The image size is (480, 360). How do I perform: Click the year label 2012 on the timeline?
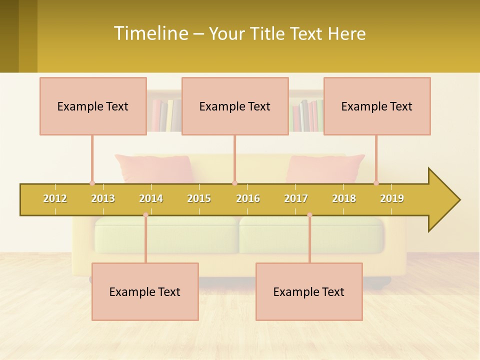(55, 198)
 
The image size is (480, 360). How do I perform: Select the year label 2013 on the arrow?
(103, 198)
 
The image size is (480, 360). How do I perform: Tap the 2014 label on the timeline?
(151, 198)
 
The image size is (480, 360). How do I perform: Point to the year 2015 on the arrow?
(199, 198)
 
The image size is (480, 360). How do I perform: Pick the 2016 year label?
(248, 198)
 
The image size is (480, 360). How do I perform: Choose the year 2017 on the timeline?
(296, 198)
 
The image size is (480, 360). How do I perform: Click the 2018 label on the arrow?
(344, 198)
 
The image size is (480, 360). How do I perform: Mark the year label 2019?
(392, 198)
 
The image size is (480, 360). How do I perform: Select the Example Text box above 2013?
(93, 106)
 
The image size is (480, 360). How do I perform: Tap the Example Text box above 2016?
(235, 106)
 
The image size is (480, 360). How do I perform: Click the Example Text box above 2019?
(377, 106)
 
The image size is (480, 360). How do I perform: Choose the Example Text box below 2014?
(145, 292)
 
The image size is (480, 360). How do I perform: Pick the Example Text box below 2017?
(309, 292)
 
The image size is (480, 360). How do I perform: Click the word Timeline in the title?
(150, 33)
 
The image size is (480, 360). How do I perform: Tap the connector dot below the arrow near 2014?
(145, 215)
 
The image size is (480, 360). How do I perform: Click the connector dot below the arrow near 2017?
(309, 215)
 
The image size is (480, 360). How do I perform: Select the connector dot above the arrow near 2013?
(92, 183)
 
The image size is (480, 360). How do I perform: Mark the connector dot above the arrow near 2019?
(376, 183)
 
